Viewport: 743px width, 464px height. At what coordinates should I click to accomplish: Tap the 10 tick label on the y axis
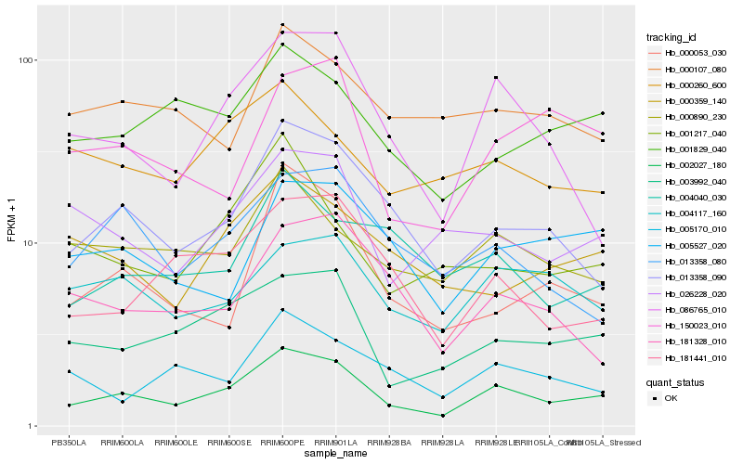click(x=27, y=243)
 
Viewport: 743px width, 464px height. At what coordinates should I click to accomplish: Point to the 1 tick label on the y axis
click(x=30, y=426)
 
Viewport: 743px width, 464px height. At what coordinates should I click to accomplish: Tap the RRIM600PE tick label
click(x=282, y=442)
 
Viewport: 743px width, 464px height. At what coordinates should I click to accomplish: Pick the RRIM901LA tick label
click(x=335, y=442)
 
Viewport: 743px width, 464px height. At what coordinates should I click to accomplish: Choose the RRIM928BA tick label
click(x=389, y=442)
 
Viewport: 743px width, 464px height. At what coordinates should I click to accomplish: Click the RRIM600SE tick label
click(x=228, y=442)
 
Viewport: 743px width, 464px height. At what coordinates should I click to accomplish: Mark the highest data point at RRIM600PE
click(x=282, y=25)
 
